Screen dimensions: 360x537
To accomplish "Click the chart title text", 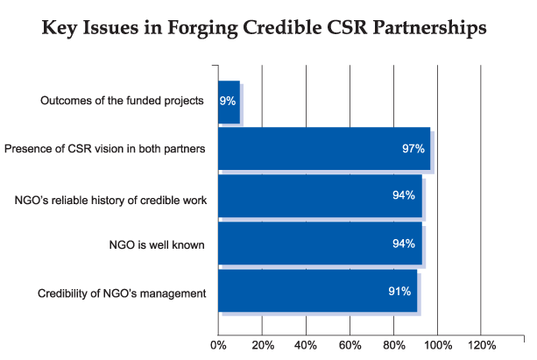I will click(268, 28).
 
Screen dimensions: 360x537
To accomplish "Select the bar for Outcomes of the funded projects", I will click(229, 101).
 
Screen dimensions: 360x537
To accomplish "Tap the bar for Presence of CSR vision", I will click(324, 149).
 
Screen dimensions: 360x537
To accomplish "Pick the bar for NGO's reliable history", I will click(320, 195).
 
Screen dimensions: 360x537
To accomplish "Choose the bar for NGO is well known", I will click(320, 244).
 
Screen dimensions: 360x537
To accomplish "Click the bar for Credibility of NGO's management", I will click(317, 291).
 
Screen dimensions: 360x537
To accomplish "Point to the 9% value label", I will click(228, 101).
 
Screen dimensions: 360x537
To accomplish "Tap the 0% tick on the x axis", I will click(218, 344).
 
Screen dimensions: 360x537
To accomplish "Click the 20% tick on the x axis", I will click(262, 344).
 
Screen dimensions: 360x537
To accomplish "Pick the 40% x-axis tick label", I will click(306, 344).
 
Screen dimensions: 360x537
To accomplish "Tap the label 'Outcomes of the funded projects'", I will click(122, 101).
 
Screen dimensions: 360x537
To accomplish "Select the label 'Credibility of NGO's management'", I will click(122, 292).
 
